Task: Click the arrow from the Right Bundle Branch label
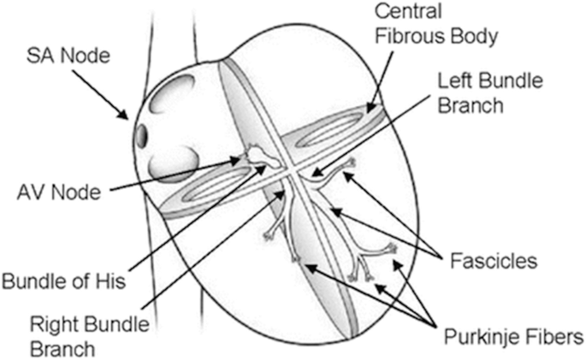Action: coord(214,257)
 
